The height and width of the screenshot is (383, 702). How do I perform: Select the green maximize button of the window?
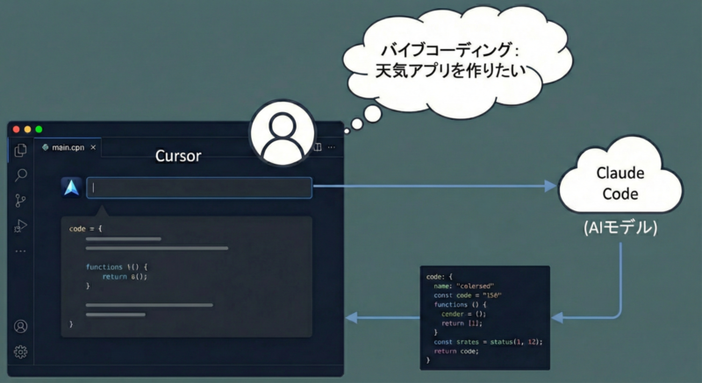38,130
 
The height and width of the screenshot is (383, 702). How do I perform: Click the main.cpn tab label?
68,147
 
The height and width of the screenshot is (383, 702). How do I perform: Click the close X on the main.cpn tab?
94,147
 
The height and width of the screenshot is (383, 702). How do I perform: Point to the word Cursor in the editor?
178,157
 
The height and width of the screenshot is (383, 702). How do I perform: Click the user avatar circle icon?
282,135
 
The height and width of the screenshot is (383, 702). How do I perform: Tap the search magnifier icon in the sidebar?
21,175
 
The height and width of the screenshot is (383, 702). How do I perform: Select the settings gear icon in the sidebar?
21,351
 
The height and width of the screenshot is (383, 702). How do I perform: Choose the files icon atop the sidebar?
21,150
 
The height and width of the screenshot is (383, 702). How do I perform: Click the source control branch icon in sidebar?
21,201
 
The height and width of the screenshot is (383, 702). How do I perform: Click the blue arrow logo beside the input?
71,188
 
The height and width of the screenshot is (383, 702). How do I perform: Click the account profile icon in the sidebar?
21,326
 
